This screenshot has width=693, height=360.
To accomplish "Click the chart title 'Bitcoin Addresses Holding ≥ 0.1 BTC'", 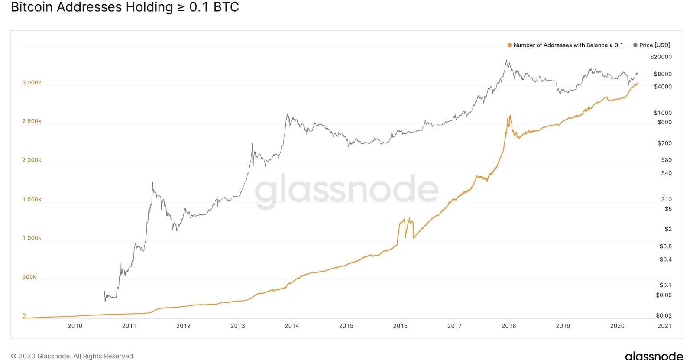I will [125, 7].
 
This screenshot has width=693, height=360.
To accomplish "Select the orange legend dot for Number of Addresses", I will [509, 45].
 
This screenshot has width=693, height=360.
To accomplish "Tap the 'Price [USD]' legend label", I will [654, 45].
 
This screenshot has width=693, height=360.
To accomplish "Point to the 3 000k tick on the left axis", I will [32, 83].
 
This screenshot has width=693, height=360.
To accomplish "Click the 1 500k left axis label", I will [32, 199].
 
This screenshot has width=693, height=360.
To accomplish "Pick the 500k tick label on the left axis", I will [29, 277].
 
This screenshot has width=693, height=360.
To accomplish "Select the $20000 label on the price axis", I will [661, 57].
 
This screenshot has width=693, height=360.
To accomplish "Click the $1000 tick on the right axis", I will [663, 113].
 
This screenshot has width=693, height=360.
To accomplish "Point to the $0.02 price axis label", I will [664, 315].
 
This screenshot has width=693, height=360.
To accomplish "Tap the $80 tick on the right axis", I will [666, 160].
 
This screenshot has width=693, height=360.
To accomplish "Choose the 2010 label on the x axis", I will [75, 326].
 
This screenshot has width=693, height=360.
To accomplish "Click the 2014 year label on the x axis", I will [292, 326].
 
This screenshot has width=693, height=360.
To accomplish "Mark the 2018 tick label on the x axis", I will [509, 326].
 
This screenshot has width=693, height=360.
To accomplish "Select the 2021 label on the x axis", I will [664, 326].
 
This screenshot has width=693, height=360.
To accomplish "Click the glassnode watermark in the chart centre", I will [346, 190].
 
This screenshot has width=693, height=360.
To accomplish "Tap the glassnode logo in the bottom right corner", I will [654, 355].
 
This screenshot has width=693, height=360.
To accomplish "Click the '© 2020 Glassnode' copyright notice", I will [73, 356].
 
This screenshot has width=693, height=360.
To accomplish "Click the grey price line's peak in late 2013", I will [287, 114].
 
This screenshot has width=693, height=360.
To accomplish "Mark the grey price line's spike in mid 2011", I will [152, 182].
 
